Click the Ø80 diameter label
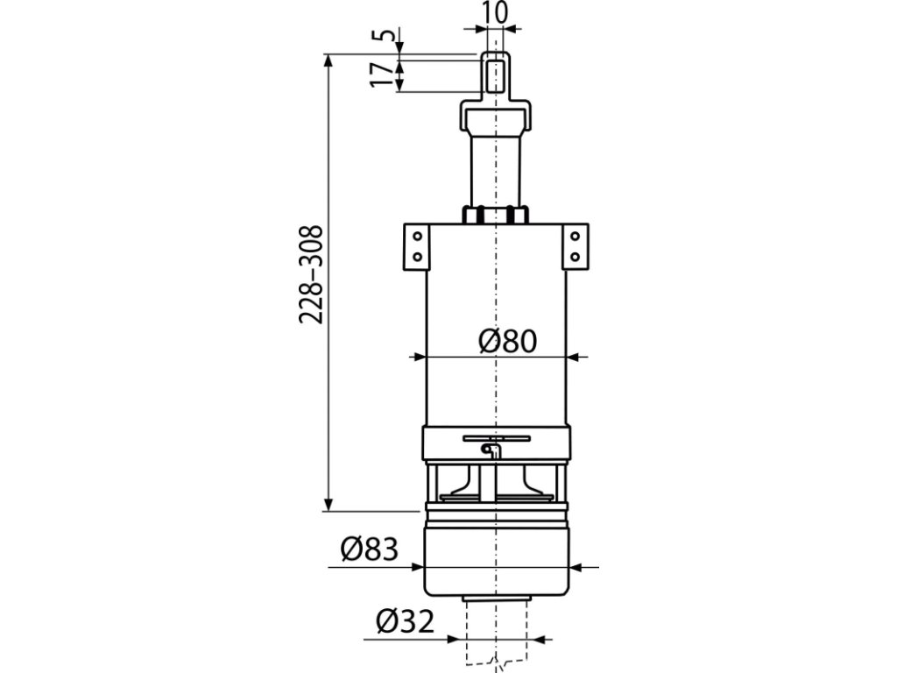tap(508, 342)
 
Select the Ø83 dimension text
tap(369, 550)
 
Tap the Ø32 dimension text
tap(406, 621)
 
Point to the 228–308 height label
tap(312, 274)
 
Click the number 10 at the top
tap(494, 12)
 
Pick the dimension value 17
tap(382, 75)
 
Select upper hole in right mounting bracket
tap(575, 237)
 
